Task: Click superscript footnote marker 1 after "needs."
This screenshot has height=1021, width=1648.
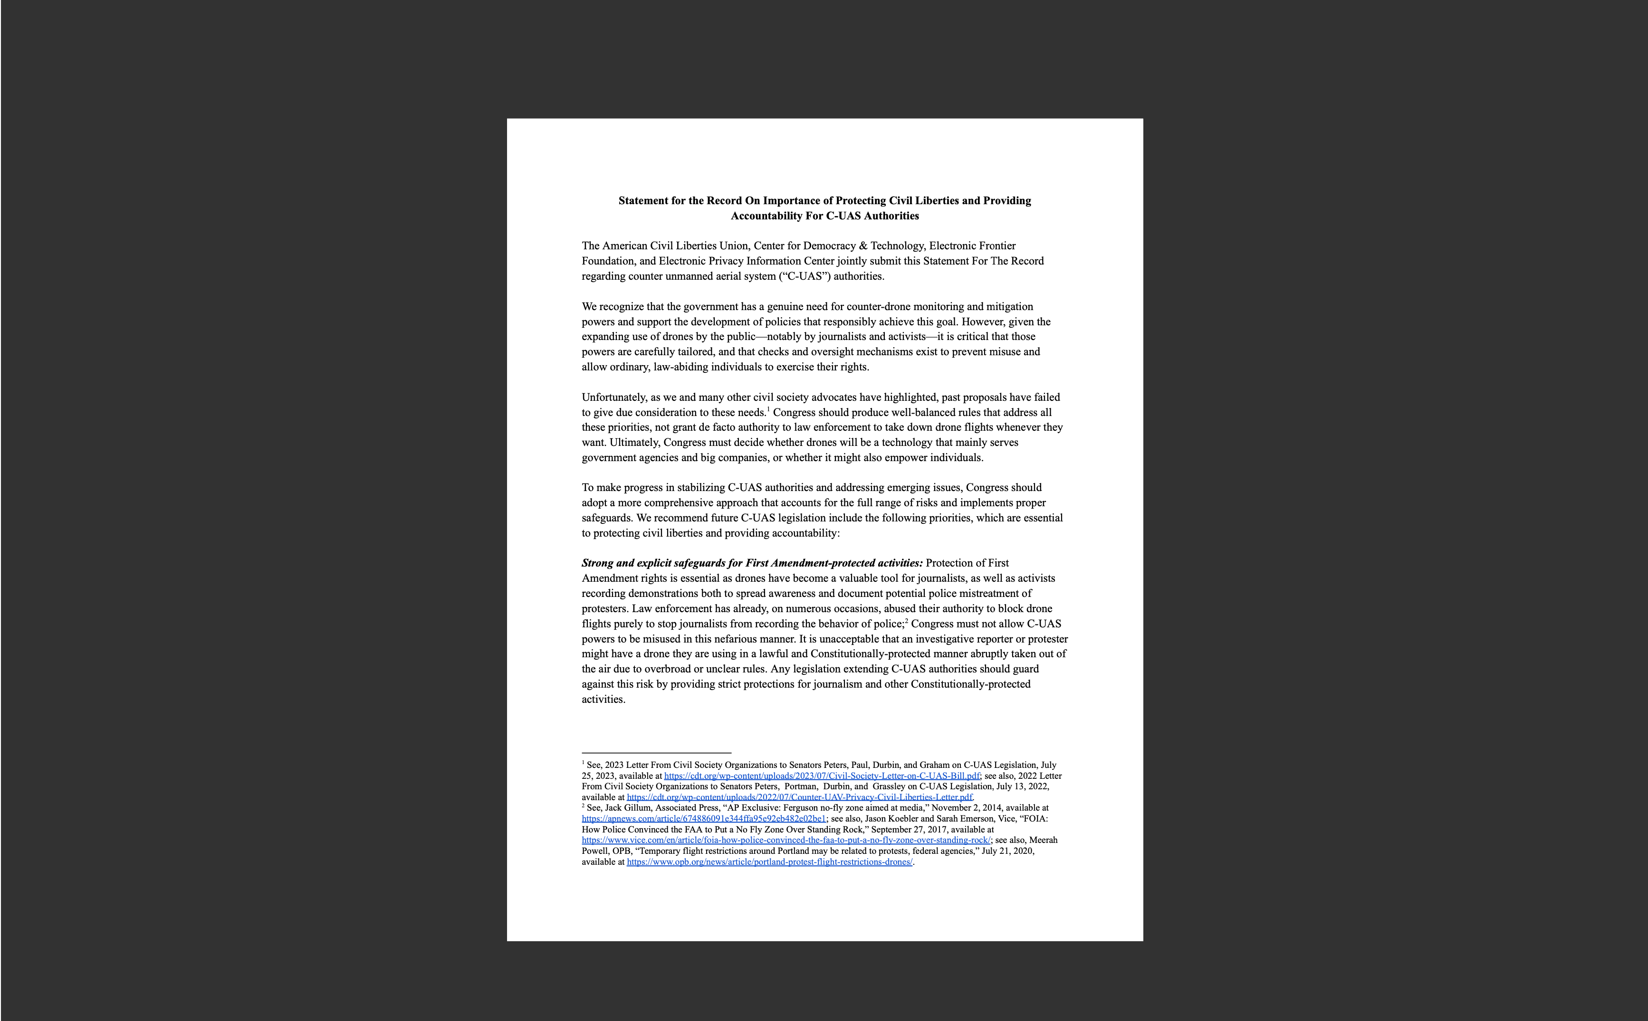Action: [x=768, y=409]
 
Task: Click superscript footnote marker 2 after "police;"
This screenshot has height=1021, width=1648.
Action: [x=906, y=621]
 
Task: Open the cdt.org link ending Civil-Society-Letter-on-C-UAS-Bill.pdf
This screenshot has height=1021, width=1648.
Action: [x=822, y=776]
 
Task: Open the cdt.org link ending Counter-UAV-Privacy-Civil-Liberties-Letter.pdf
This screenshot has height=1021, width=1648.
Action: [x=799, y=797]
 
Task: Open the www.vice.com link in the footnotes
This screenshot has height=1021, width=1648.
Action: [x=786, y=841]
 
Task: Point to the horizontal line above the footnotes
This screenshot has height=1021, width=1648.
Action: [x=656, y=752]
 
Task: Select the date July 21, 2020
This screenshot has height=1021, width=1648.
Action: [x=1007, y=851]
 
